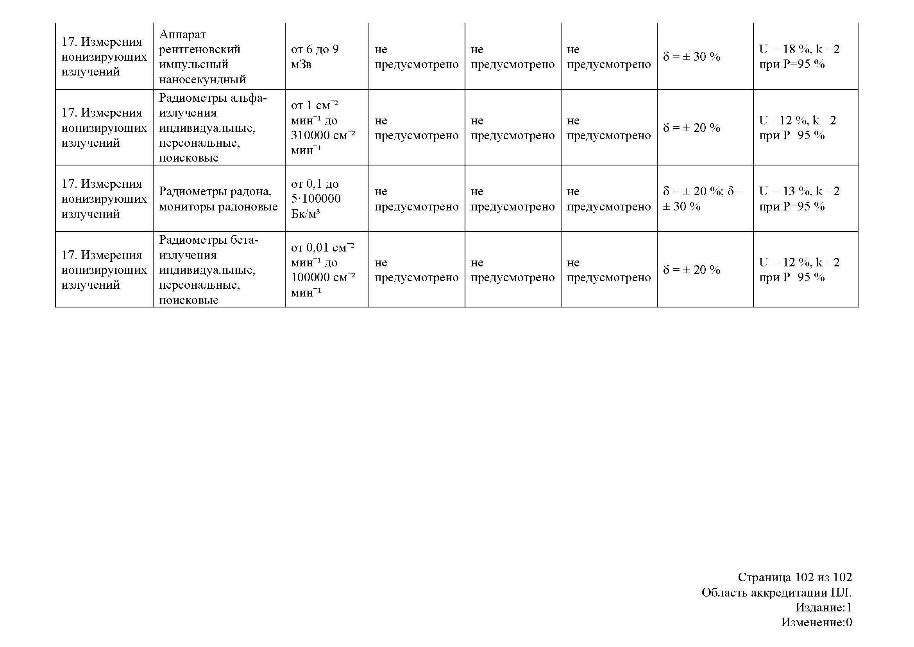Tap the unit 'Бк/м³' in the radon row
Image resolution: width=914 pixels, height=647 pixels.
point(305,214)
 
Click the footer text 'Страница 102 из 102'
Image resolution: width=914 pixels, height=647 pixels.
point(794,577)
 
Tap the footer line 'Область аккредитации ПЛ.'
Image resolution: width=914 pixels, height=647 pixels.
point(776,592)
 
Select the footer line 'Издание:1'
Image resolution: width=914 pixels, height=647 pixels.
point(824,607)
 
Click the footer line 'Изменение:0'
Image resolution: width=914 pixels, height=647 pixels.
point(816,622)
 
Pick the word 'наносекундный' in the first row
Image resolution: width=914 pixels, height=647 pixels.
point(202,79)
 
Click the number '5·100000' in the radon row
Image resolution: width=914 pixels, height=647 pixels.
point(316,199)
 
